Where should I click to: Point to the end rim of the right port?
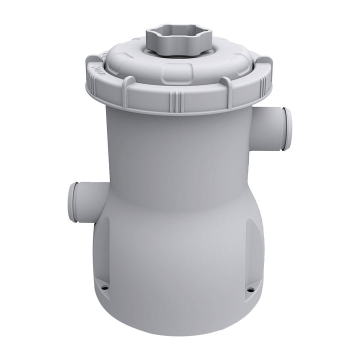coord(287,128)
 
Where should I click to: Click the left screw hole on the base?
coord(105,287)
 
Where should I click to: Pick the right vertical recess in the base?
coord(252,250)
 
